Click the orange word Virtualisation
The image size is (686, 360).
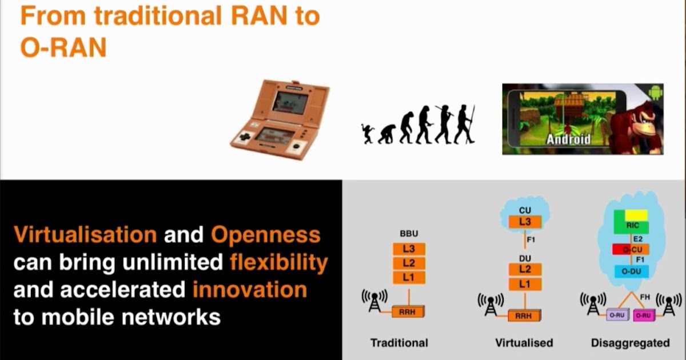click(85, 234)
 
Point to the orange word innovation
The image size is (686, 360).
click(249, 290)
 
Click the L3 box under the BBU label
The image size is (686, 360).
click(409, 250)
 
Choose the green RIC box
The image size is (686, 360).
click(632, 225)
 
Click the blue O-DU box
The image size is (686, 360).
click(632, 271)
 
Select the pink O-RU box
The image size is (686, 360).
click(643, 315)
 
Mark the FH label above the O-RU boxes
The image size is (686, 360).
click(645, 297)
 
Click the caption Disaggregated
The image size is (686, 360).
click(631, 343)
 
